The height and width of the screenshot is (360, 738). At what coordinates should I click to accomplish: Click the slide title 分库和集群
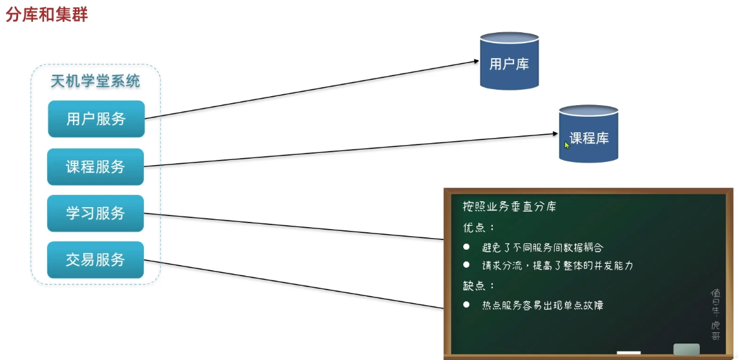[46, 14]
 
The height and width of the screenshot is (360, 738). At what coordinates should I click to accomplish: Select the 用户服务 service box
[96, 119]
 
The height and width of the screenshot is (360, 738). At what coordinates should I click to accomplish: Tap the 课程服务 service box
[95, 166]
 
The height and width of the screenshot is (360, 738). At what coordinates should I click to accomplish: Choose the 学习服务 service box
[95, 214]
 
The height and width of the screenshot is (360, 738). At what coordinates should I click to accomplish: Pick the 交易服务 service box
[95, 260]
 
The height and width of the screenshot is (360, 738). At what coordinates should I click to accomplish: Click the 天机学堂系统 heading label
[95, 81]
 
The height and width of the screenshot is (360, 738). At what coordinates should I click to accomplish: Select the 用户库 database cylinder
[509, 62]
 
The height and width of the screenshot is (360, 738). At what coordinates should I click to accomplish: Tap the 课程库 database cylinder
[588, 134]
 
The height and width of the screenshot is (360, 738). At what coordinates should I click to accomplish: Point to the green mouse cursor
[567, 145]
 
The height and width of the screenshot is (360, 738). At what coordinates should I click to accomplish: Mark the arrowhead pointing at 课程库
[553, 134]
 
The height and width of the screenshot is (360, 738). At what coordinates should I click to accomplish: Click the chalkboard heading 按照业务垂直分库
[510, 206]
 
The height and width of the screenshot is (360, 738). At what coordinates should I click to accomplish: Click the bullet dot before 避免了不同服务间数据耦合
[466, 247]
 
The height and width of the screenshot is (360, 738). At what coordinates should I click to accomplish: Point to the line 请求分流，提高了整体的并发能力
[557, 266]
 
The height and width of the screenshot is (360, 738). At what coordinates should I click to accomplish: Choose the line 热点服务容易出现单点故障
[542, 305]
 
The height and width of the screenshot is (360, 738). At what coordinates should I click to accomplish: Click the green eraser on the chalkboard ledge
[686, 349]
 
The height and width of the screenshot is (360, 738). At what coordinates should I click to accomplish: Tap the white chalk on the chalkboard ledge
[628, 352]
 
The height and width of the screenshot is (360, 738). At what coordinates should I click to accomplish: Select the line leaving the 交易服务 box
[290, 283]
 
